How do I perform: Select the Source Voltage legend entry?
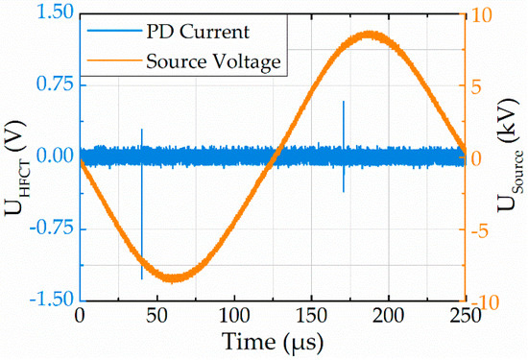click(213, 62)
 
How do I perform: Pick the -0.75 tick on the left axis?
click(47, 228)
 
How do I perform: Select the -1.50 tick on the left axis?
click(47, 300)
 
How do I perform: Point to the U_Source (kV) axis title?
click(514, 156)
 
